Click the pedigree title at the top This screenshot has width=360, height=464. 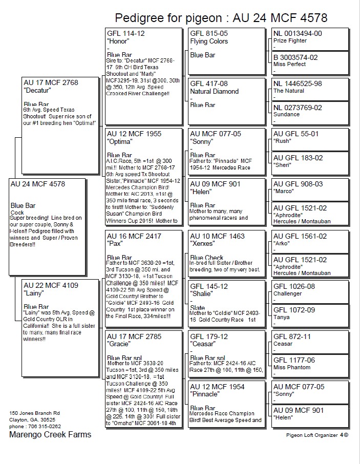(x=221, y=18)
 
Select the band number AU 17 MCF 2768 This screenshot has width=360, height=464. (x=51, y=82)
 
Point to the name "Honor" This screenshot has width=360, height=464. (x=118, y=41)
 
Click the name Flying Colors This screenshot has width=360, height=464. (x=209, y=41)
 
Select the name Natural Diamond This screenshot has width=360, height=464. (x=214, y=92)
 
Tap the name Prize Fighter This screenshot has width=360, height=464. (x=290, y=40)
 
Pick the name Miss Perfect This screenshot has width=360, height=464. (x=289, y=64)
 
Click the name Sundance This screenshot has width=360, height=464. (x=287, y=115)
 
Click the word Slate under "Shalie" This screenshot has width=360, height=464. (x=197, y=308)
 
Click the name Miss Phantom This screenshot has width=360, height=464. (x=292, y=367)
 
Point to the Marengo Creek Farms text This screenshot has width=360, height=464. (x=50, y=434)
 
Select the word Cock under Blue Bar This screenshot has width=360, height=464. (x=17, y=213)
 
